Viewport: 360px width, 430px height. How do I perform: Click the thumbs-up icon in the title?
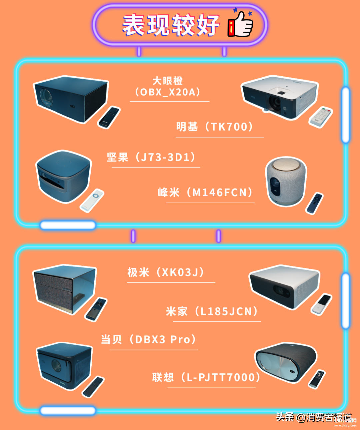click(240, 24)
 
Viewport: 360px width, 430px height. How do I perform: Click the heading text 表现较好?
click(171, 25)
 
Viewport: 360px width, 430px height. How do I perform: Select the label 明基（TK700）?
click(215, 127)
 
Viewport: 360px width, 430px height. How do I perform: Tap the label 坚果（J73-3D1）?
click(151, 157)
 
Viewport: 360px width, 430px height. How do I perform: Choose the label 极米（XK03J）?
click(166, 272)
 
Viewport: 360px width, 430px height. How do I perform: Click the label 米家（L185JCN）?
click(212, 311)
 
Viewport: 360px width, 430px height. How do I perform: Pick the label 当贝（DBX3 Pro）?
click(149, 339)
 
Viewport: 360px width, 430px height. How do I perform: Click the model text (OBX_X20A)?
click(168, 92)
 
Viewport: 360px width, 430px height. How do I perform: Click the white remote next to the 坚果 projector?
click(92, 200)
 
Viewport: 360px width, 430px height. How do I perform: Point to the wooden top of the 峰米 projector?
click(286, 165)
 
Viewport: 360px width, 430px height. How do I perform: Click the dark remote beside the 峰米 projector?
click(314, 203)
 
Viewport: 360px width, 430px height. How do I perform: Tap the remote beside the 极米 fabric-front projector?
click(96, 309)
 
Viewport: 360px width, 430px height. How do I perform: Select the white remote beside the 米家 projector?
click(321, 304)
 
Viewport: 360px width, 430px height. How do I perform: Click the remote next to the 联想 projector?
click(317, 379)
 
